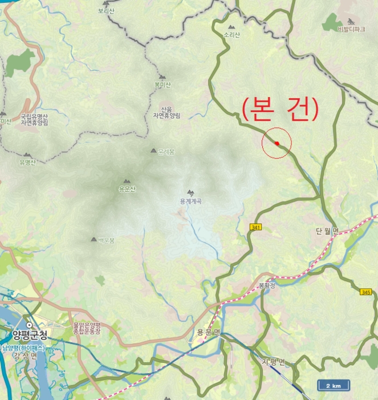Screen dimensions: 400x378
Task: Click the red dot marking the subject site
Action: pos(277,143)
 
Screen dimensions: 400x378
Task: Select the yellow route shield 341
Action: pos(255,227)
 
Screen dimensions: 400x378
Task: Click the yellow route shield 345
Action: pos(365,292)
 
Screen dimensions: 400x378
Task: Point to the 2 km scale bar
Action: pos(334,386)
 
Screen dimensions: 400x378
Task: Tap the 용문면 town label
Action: pos(208,333)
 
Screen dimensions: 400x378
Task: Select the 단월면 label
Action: pos(327,231)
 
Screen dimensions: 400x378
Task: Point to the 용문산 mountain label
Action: pos(127,189)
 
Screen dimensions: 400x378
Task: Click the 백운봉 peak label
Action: pos(106,241)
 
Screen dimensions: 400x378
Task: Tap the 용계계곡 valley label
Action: pos(191,201)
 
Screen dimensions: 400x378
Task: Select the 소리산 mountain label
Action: pos(232,35)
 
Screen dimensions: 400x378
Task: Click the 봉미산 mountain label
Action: pos(162,85)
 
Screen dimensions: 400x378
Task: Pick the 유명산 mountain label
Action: pos(27,162)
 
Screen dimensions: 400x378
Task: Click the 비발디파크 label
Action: pos(351,29)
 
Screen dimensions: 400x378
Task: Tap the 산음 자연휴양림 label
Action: pos(166,112)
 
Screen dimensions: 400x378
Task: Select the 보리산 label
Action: pos(107,10)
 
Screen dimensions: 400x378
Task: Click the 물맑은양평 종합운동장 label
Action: pos(87,327)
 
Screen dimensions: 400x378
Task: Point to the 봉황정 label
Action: pos(266,285)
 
